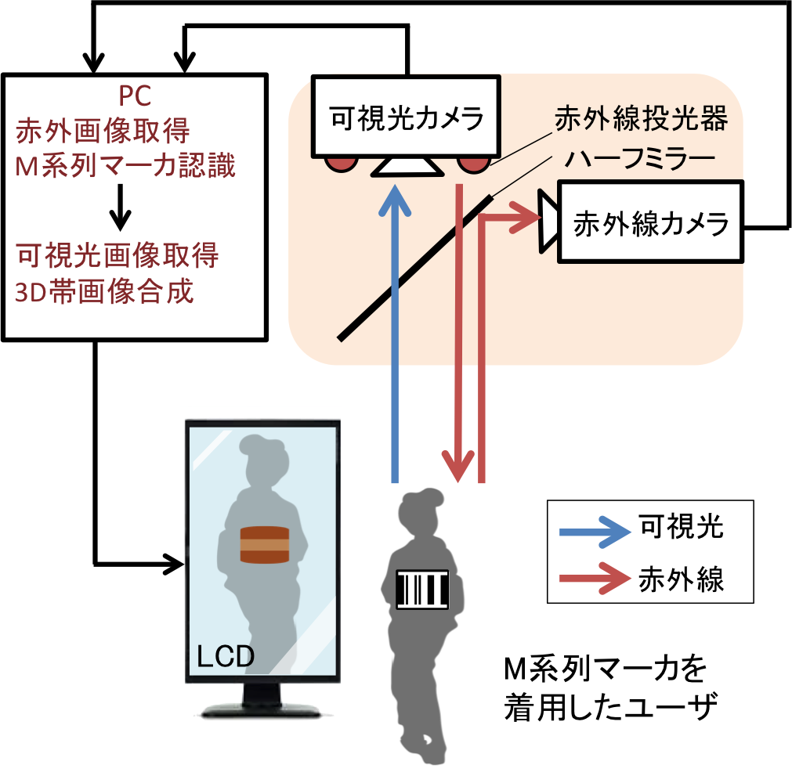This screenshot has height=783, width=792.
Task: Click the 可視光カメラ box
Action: click(x=406, y=117)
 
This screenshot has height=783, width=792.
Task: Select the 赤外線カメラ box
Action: click(x=650, y=223)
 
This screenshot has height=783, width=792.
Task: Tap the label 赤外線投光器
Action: click(x=641, y=120)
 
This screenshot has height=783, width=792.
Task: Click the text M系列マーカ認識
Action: click(x=125, y=167)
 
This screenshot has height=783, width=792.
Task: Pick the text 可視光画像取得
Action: click(x=117, y=255)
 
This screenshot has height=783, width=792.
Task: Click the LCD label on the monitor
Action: click(x=226, y=656)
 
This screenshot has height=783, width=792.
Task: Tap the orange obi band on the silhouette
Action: click(x=265, y=545)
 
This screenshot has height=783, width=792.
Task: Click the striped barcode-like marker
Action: click(x=423, y=590)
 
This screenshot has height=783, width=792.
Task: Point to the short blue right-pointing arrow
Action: click(x=595, y=533)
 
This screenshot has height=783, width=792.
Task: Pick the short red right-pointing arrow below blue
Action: click(x=595, y=579)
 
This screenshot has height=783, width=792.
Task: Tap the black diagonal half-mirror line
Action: click(x=415, y=266)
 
